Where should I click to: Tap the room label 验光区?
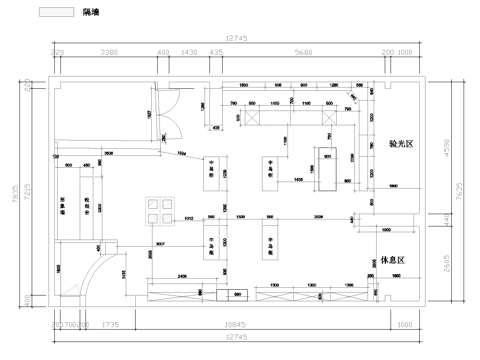point(401,145)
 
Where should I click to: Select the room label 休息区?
point(392,261)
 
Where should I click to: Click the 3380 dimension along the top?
point(110,53)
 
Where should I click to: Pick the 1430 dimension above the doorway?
point(189,53)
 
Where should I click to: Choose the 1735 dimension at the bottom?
point(110,325)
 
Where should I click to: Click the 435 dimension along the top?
point(216,53)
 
